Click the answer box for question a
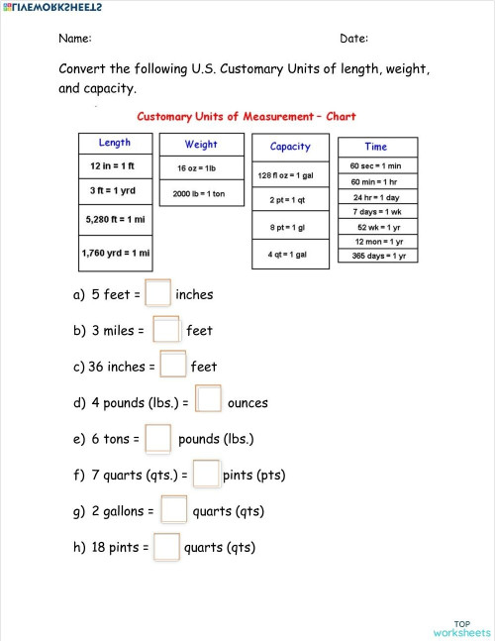158,294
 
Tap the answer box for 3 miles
166,330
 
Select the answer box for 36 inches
173,366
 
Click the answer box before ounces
208,401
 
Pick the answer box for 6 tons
158,438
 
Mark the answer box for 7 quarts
206,475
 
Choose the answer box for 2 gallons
173,510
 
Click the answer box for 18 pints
167,547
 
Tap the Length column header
115,143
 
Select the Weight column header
201,145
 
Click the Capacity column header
290,147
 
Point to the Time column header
376,147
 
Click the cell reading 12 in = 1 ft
115,165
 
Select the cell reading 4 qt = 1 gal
287,254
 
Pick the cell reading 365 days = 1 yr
378,256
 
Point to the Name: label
75,39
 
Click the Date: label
353,39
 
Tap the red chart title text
247,116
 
